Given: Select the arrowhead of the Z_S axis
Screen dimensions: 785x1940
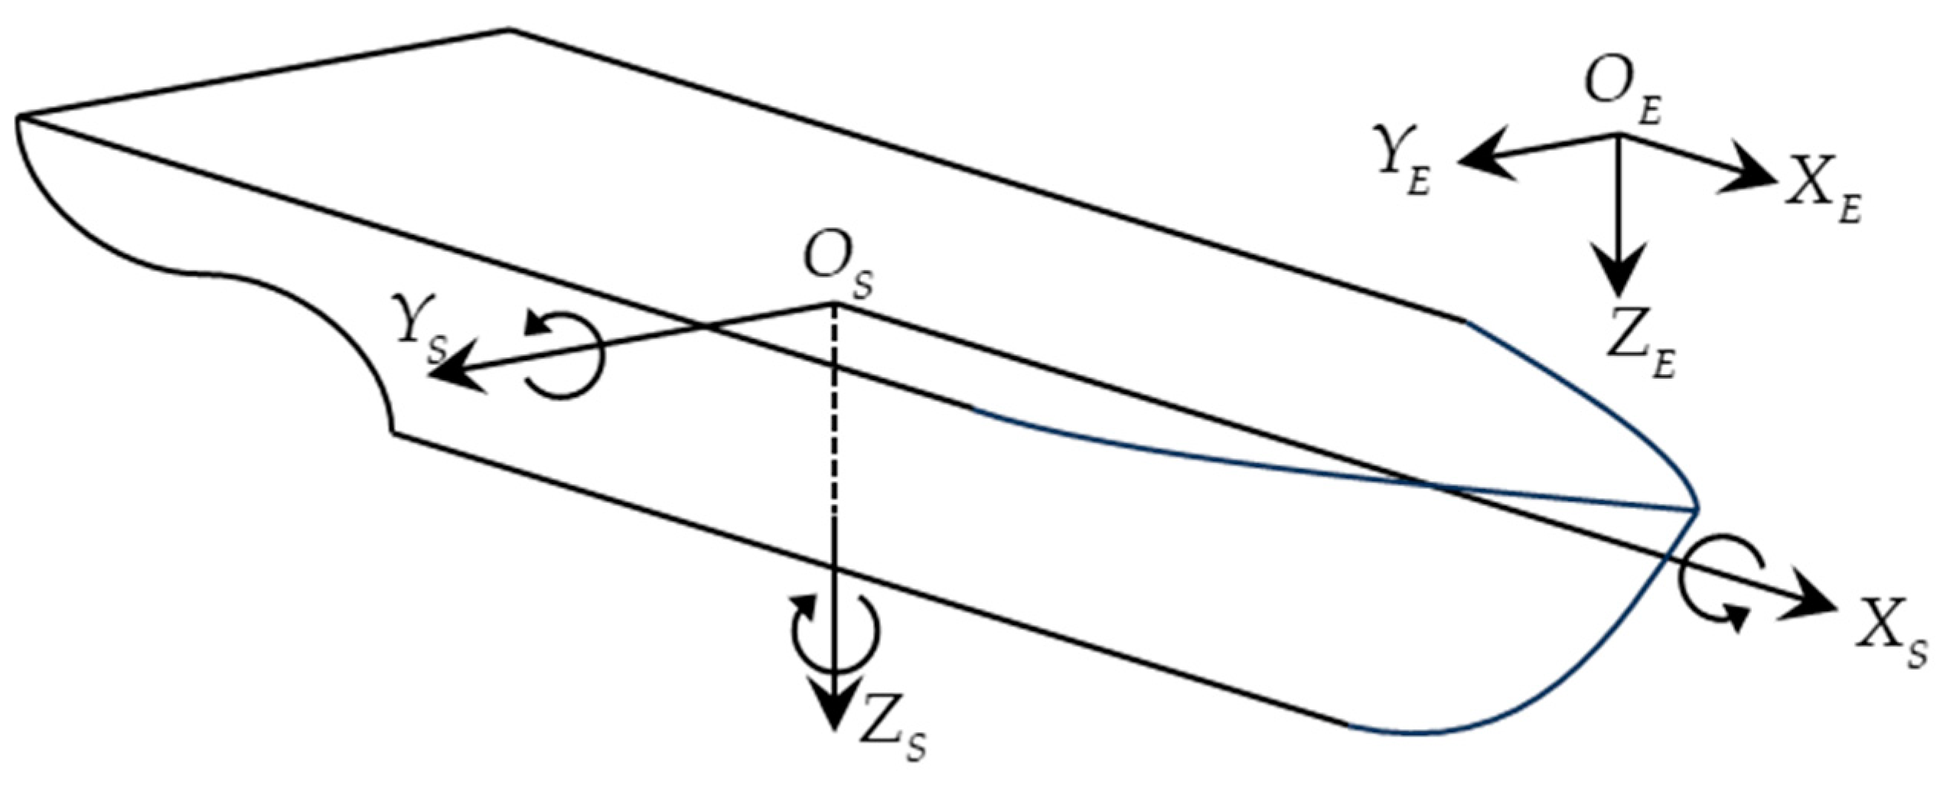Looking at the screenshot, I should (834, 708).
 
